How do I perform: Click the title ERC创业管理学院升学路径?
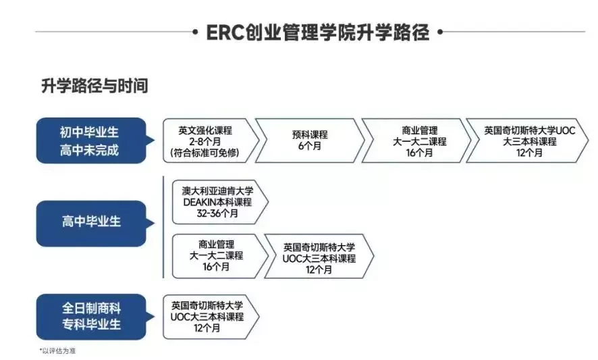tap(318, 32)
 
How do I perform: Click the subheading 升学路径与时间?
tap(94, 86)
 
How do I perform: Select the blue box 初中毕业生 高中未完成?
tap(92, 140)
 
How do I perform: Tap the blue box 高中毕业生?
tap(92, 224)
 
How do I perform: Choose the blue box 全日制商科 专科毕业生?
tap(92, 317)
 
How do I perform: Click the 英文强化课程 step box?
tap(210, 141)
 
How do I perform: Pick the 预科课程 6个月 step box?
tap(310, 141)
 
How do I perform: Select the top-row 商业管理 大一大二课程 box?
tap(416, 141)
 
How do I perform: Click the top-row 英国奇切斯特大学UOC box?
tap(527, 141)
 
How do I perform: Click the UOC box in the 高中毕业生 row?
tap(319, 256)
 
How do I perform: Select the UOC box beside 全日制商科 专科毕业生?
tap(210, 317)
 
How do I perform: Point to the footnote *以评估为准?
tap(57, 351)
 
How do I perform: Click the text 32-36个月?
tap(217, 213)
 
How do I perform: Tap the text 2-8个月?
tap(205, 142)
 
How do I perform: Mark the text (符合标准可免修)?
tap(205, 153)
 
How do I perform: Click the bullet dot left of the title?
tap(195, 32)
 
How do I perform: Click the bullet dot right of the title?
tap(440, 32)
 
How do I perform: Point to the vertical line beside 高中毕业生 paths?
tap(163, 227)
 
